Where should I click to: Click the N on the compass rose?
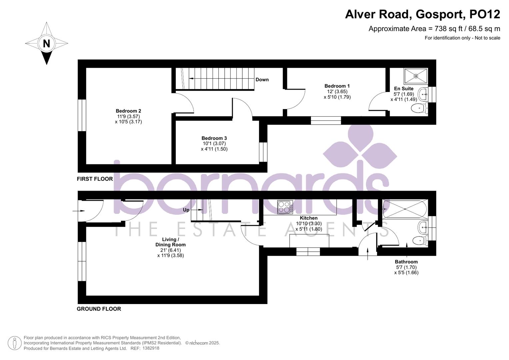pos(46,43)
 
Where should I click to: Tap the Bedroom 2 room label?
pos(128,111)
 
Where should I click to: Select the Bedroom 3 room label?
pos(214,138)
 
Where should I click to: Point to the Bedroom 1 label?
pos(337,86)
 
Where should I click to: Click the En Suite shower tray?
pos(416,76)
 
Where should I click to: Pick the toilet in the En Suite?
pos(419,108)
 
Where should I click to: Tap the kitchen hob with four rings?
pos(285,207)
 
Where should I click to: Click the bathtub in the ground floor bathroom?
pos(405,209)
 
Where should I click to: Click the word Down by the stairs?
pos(262,80)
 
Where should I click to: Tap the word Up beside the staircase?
pos(186,210)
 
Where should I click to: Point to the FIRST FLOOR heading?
pos(95,179)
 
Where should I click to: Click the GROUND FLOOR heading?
pos(99,309)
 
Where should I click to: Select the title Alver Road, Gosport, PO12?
pos(422,14)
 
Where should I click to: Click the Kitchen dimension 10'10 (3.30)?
pos(309,224)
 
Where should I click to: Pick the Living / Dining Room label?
pos(170,242)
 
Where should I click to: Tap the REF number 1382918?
pos(151,348)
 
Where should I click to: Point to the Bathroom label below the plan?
pos(406,262)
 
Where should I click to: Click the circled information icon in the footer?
pos(14,343)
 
